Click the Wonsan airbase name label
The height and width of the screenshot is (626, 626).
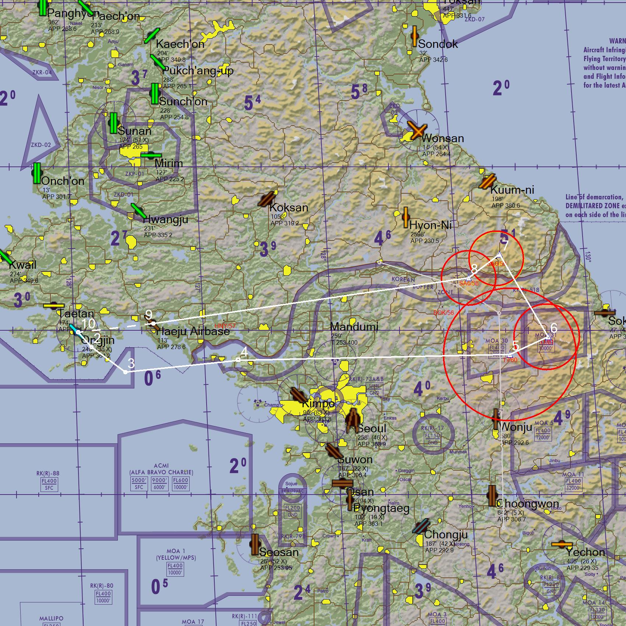442,138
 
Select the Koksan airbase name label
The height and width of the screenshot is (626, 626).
289,208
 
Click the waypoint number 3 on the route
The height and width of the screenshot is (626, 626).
131,363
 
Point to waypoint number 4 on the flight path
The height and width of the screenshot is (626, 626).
244,352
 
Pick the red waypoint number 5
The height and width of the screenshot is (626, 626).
516,346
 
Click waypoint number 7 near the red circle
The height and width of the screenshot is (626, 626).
504,245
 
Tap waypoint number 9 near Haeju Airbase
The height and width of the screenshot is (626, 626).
148,314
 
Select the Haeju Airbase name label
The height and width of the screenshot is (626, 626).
193,331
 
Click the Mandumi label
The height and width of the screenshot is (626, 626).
354,327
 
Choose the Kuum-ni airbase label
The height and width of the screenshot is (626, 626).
512,190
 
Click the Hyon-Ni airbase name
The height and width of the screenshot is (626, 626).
430,225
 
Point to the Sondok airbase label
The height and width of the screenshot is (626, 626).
438,44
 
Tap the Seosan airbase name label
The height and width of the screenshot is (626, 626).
279,552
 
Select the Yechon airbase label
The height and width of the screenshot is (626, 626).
585,552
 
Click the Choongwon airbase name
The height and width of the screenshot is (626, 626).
527,504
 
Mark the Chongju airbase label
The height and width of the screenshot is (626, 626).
446,534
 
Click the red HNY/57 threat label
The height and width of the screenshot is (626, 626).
225,326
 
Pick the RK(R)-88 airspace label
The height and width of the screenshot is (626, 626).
48,474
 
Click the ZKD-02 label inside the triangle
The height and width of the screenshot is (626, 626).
41,145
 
